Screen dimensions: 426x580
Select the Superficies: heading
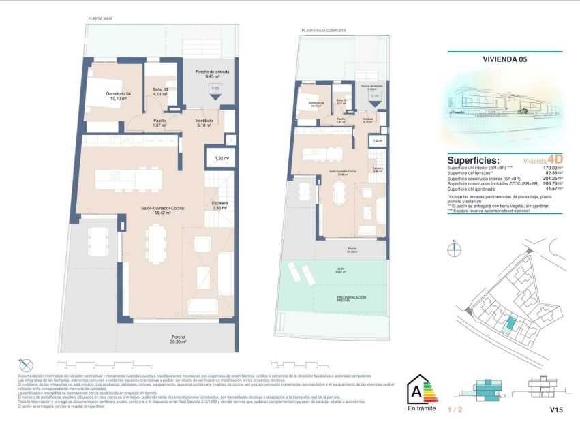click(x=479, y=157)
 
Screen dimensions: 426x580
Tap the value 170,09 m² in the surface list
click(x=549, y=168)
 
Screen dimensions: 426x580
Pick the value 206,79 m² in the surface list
click(x=549, y=184)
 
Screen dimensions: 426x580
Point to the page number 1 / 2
click(x=455, y=411)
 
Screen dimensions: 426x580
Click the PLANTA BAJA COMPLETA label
click(x=324, y=31)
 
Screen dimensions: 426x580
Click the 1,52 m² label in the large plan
click(x=220, y=159)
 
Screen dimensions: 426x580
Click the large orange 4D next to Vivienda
click(x=555, y=158)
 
